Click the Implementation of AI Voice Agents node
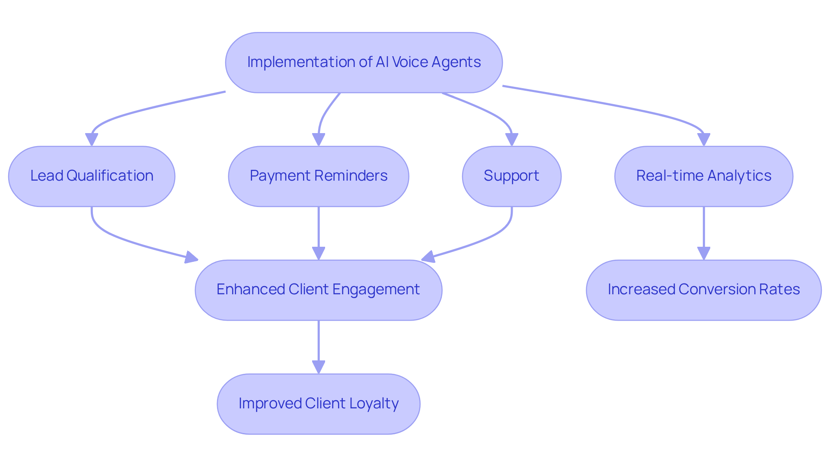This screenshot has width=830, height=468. [364, 63]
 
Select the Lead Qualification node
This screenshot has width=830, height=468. [92, 176]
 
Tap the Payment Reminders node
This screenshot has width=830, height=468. [319, 176]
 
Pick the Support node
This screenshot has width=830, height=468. [511, 176]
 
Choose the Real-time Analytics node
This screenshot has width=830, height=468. [704, 176]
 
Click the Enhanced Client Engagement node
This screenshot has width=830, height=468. [319, 290]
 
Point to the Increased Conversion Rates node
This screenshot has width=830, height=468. [704, 290]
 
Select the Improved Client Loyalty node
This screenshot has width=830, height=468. [319, 404]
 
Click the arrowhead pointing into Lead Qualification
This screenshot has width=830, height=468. [92, 140]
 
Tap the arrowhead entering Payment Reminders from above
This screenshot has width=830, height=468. [319, 140]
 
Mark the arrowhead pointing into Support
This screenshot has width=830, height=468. [512, 140]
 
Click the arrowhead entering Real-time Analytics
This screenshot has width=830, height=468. [704, 140]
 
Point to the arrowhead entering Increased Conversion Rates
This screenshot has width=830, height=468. [704, 253]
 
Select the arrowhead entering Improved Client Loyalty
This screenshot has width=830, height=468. [319, 367]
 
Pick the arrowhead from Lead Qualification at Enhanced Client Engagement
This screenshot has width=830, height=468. [191, 258]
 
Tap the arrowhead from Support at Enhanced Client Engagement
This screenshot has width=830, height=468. [428, 257]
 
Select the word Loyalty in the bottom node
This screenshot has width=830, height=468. [374, 404]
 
